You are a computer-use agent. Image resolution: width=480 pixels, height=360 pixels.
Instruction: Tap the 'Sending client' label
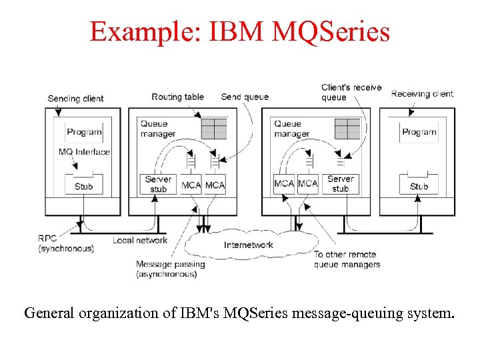(x=75, y=99)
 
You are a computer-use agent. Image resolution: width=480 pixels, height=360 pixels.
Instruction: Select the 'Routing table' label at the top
(x=177, y=97)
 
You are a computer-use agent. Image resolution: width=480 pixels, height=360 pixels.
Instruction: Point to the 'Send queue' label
(x=245, y=97)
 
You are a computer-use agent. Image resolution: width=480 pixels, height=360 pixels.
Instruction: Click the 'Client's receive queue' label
(x=351, y=92)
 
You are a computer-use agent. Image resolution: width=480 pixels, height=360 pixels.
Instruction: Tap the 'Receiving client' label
(x=422, y=94)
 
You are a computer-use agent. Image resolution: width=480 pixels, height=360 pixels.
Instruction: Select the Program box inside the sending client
(x=84, y=132)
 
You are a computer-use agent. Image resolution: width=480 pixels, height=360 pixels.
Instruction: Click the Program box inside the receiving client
(x=419, y=132)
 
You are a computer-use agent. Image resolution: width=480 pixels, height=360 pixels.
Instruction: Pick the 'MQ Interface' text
(x=84, y=152)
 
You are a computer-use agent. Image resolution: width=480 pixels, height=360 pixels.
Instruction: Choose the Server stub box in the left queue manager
(x=159, y=184)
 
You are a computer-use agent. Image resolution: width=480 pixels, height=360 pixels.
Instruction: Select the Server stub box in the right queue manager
(x=340, y=184)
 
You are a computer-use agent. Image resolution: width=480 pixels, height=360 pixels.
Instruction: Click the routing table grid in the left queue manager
(x=214, y=128)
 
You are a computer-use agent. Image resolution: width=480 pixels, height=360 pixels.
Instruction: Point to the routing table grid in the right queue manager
(x=347, y=128)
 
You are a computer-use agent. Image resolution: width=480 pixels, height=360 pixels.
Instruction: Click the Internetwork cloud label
(x=248, y=245)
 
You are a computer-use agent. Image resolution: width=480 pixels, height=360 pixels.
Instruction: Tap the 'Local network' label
(x=140, y=240)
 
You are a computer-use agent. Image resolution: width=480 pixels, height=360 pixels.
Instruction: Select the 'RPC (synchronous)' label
(x=66, y=243)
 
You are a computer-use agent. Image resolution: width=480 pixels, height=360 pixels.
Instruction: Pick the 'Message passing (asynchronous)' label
(x=170, y=269)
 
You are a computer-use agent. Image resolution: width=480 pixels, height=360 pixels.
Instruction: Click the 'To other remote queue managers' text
(x=347, y=259)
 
